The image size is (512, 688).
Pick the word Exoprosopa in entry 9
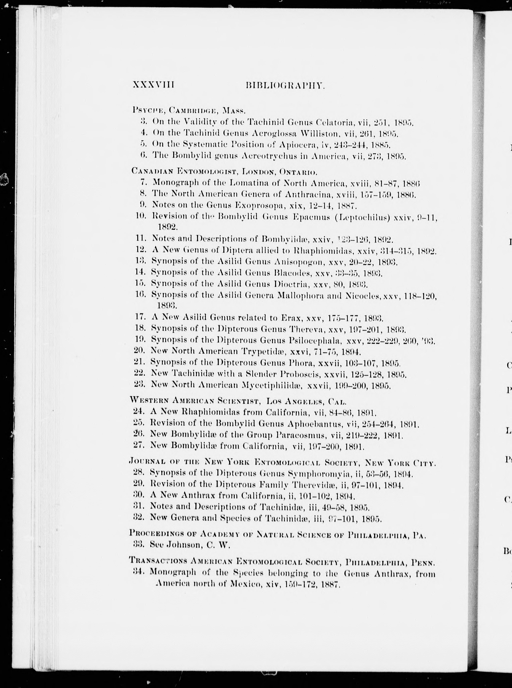point(257,205)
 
